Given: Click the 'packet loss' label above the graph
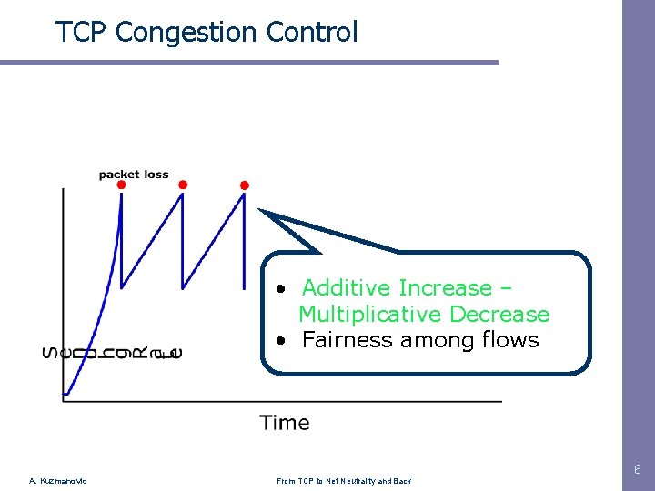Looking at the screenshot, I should [x=134, y=175].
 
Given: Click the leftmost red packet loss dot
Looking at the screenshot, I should [x=122, y=185].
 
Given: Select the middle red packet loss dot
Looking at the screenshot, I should [x=183, y=185].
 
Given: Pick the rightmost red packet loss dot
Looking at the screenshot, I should [x=244, y=185].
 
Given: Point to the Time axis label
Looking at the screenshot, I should [x=285, y=423].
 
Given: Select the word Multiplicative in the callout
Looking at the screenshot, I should [x=371, y=315].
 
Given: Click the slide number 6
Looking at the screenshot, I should [x=638, y=470].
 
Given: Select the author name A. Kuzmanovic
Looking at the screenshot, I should [x=58, y=481].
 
